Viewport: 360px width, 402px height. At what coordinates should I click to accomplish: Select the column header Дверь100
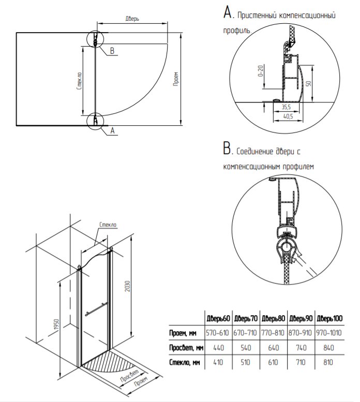(328, 318)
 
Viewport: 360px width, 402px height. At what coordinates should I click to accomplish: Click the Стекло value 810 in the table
(328, 362)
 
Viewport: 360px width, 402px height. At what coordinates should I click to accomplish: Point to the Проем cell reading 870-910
(301, 332)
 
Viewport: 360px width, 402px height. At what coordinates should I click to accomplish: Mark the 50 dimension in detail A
(307, 84)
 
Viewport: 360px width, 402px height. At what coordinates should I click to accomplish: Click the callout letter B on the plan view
(112, 50)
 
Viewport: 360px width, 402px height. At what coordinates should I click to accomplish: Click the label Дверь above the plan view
(132, 18)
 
